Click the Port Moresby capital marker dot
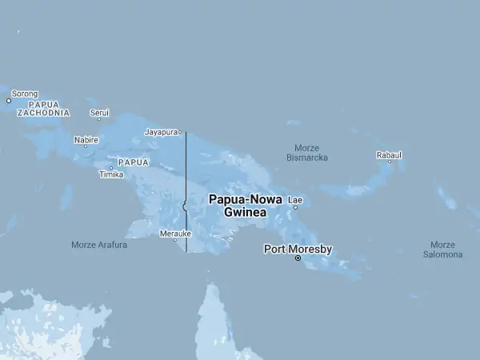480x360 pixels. [x=298, y=258]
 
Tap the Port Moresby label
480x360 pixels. [x=298, y=249]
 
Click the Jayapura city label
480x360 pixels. [x=160, y=132]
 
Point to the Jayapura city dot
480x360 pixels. [x=180, y=132]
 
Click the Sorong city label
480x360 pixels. [x=25, y=94]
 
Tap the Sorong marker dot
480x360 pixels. [x=9, y=101]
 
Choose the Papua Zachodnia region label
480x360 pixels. [x=43, y=109]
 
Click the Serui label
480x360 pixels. [x=99, y=113]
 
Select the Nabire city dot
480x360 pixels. [x=86, y=146]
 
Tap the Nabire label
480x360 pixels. [x=86, y=139]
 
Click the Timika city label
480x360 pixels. [x=111, y=174]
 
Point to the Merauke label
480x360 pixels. [x=175, y=233]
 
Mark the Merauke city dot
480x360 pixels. [x=175, y=239]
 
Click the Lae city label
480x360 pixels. [x=296, y=199]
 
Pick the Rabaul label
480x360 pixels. [x=390, y=154]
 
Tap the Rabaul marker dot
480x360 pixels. [x=390, y=162]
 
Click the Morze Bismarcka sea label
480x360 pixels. [x=307, y=153]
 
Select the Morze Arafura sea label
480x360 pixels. [x=99, y=245]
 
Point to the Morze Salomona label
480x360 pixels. [x=442, y=250]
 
